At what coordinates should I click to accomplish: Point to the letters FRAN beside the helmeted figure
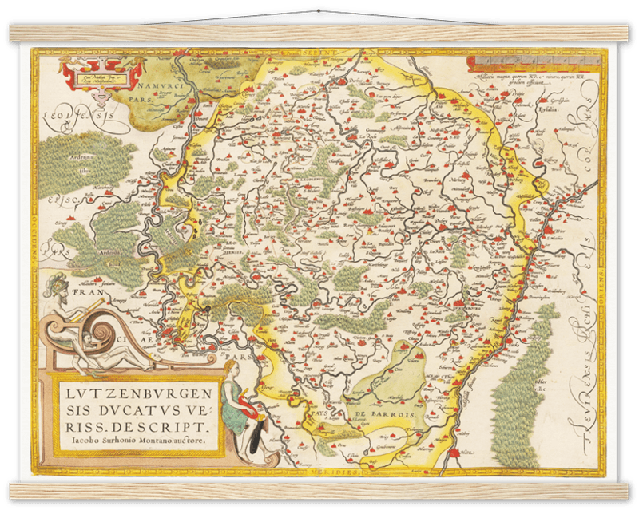point(83,294)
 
